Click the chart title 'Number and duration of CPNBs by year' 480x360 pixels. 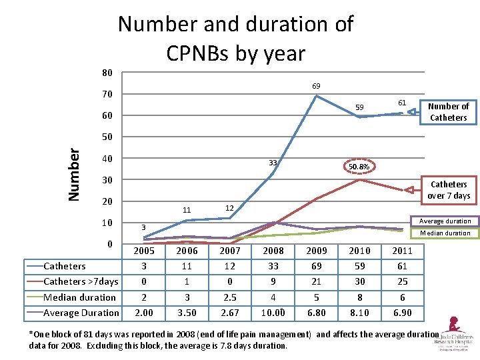(x=235, y=38)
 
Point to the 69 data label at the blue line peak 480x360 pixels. (x=315, y=86)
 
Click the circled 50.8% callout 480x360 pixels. (x=360, y=166)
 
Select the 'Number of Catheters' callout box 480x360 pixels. (x=448, y=112)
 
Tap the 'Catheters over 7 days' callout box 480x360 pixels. (x=448, y=190)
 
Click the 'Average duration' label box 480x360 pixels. (x=445, y=221)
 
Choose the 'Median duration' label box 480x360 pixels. (x=445, y=233)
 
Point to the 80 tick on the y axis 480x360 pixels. (x=107, y=73)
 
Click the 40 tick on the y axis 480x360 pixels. (x=107, y=159)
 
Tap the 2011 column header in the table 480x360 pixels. (x=403, y=251)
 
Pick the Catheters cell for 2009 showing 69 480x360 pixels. (x=316, y=267)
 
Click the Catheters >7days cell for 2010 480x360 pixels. (x=359, y=281)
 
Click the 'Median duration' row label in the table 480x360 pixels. (x=79, y=297)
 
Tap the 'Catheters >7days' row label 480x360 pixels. (x=81, y=281)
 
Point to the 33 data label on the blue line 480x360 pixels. (x=272, y=163)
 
